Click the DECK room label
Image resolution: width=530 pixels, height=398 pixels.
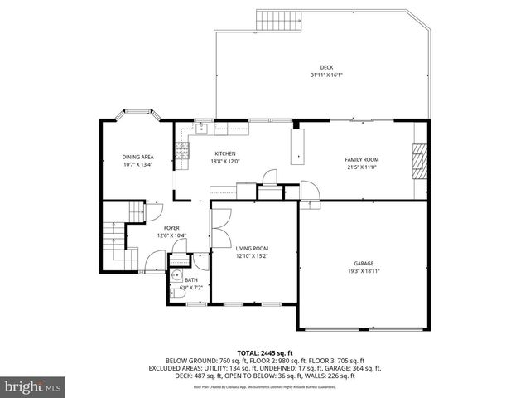click(326, 68)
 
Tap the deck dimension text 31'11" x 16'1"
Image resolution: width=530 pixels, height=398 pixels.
click(326, 75)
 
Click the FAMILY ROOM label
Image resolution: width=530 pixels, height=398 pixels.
click(361, 159)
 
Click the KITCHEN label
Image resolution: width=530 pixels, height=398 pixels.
click(225, 153)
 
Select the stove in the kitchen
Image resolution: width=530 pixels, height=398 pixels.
click(181, 150)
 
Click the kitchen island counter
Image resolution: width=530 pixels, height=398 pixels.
click(296, 145)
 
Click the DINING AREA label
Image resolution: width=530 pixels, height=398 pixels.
click(138, 157)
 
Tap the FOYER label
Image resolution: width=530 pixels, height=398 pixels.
click(171, 228)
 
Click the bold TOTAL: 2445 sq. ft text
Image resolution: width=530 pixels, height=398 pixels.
click(264, 352)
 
